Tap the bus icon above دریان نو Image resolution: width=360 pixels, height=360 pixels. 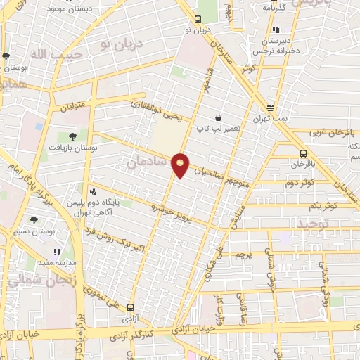click(x=198, y=20)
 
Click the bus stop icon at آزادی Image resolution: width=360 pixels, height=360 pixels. click(x=131, y=307)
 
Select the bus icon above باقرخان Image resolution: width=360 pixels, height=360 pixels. click(x=303, y=153)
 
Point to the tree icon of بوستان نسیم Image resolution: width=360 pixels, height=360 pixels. click(x=34, y=220)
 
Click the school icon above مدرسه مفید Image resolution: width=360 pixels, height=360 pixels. click(x=57, y=251)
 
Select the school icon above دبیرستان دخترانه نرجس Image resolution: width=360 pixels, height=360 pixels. click(x=276, y=30)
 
